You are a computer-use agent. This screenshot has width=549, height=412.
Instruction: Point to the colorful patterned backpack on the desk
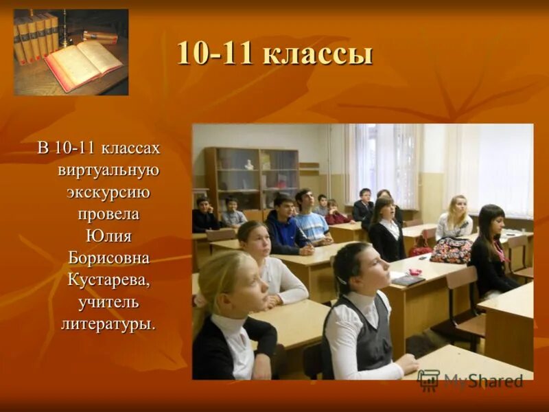[450, 250]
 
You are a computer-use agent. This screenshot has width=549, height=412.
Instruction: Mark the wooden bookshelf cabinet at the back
[251, 179]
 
